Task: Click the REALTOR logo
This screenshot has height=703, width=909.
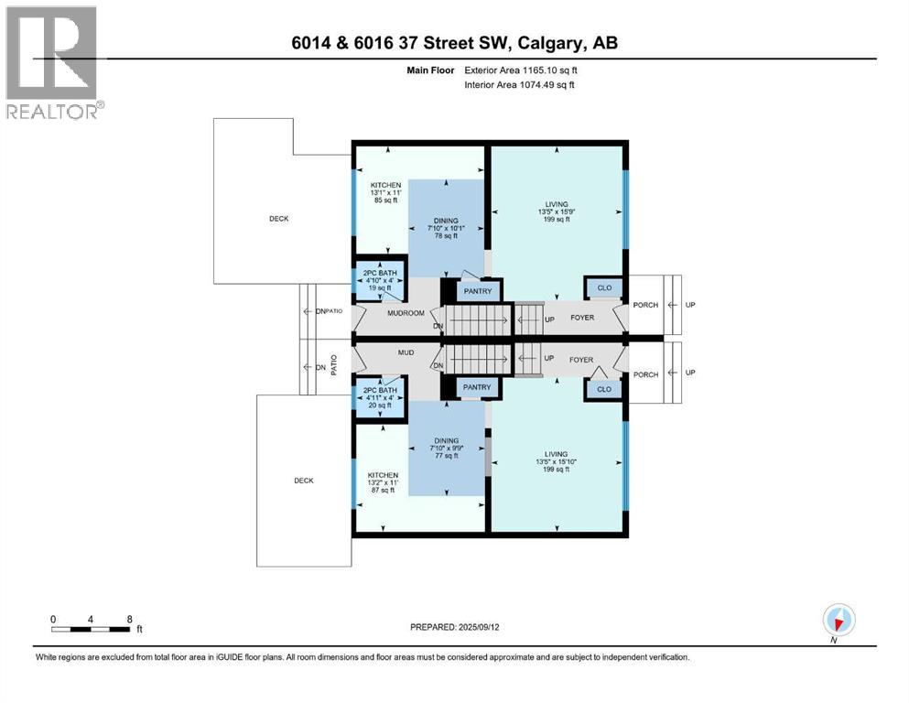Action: (x=53, y=62)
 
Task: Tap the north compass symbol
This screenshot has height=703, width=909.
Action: (x=839, y=621)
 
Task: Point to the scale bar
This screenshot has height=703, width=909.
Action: (x=91, y=629)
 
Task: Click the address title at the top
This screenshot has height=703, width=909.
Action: (x=454, y=43)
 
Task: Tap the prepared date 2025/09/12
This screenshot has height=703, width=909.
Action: (x=454, y=627)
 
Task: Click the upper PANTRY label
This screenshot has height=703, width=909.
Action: (x=478, y=292)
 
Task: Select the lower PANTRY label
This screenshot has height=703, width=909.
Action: (x=478, y=387)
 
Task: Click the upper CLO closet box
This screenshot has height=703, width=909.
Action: (x=603, y=287)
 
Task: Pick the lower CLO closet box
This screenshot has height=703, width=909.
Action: (x=603, y=390)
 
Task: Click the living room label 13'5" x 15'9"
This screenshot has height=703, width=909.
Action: (x=555, y=211)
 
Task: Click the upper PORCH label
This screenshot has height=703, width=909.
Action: (x=645, y=305)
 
